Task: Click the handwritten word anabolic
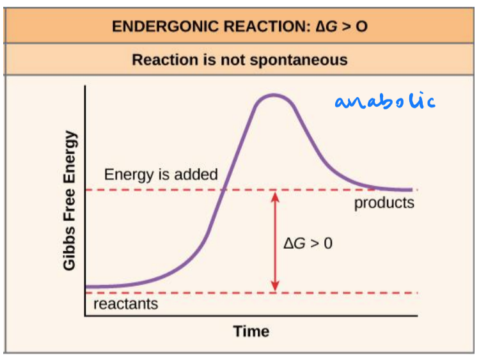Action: click(385, 101)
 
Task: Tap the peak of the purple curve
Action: click(274, 95)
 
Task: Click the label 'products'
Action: click(384, 203)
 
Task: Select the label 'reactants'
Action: click(125, 303)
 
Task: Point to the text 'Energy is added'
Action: click(161, 175)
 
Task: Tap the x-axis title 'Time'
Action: click(251, 331)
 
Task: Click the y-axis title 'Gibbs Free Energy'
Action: click(70, 200)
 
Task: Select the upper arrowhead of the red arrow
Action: click(276, 195)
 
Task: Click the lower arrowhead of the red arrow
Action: click(276, 288)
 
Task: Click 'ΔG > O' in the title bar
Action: click(343, 27)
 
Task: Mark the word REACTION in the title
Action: click(256, 27)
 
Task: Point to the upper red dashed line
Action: click(160, 190)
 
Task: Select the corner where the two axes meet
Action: click(85, 315)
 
